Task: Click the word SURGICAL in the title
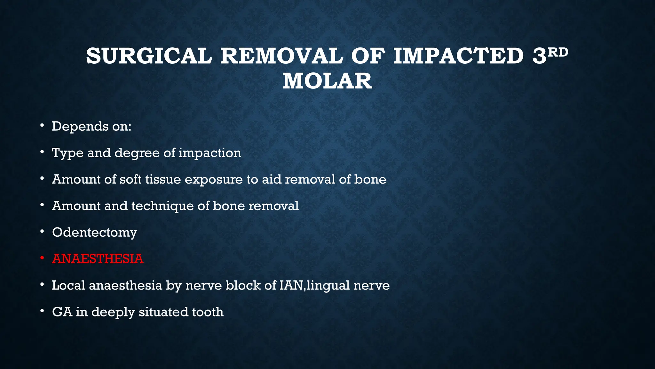pos(149,56)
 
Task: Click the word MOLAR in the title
pos(327,81)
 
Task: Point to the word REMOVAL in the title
pos(281,56)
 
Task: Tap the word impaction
pos(210,153)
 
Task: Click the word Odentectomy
pos(94,233)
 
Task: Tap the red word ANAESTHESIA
pos(98,259)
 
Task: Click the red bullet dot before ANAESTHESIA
pos(42,258)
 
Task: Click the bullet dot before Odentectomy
pos(42,232)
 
